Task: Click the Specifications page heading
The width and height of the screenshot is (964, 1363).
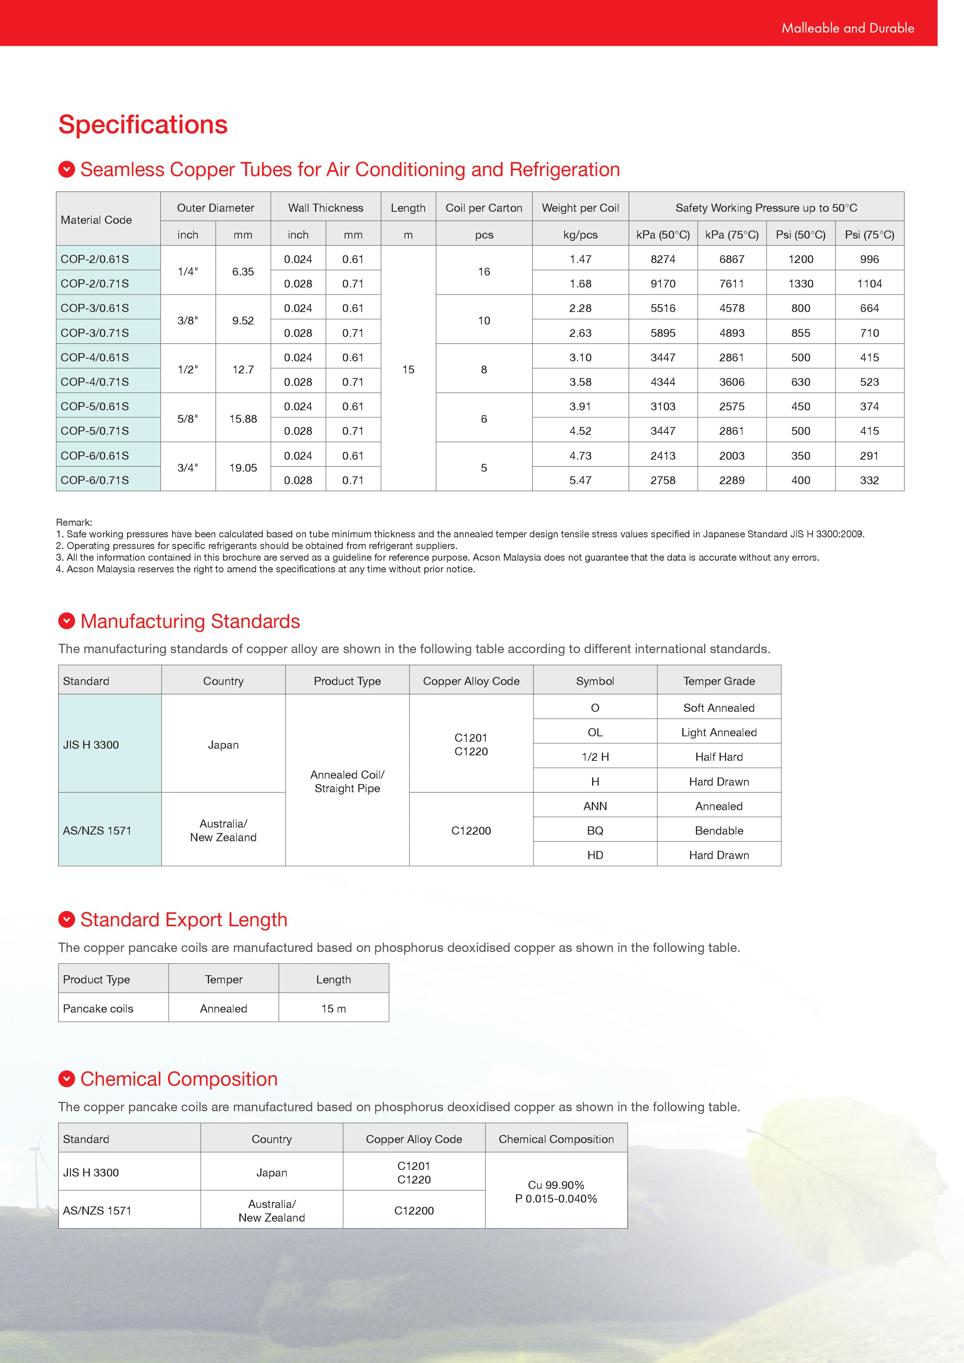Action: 143,125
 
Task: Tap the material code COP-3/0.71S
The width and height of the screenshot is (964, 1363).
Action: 95,333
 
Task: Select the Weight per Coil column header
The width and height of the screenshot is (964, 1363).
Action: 580,208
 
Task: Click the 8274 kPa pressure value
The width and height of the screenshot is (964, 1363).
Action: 662,260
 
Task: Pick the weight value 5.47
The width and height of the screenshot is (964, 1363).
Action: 580,480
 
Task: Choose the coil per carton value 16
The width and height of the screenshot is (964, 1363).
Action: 484,271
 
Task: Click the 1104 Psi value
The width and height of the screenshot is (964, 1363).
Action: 869,284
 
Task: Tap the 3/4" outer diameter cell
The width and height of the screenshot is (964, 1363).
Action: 188,468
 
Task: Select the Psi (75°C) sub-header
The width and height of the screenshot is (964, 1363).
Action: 869,235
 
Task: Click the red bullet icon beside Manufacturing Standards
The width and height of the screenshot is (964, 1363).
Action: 66,621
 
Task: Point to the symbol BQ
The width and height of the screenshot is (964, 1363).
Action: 595,830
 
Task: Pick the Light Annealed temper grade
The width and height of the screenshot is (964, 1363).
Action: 718,732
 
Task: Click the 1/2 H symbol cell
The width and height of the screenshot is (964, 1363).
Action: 595,757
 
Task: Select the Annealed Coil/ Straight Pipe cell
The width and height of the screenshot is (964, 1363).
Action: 347,781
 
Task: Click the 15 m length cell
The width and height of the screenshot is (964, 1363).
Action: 334,1009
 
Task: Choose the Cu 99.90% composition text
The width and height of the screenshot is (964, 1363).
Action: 556,1185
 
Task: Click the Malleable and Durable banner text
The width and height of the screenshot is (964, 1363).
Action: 847,28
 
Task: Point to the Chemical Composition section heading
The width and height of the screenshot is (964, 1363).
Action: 179,1079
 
